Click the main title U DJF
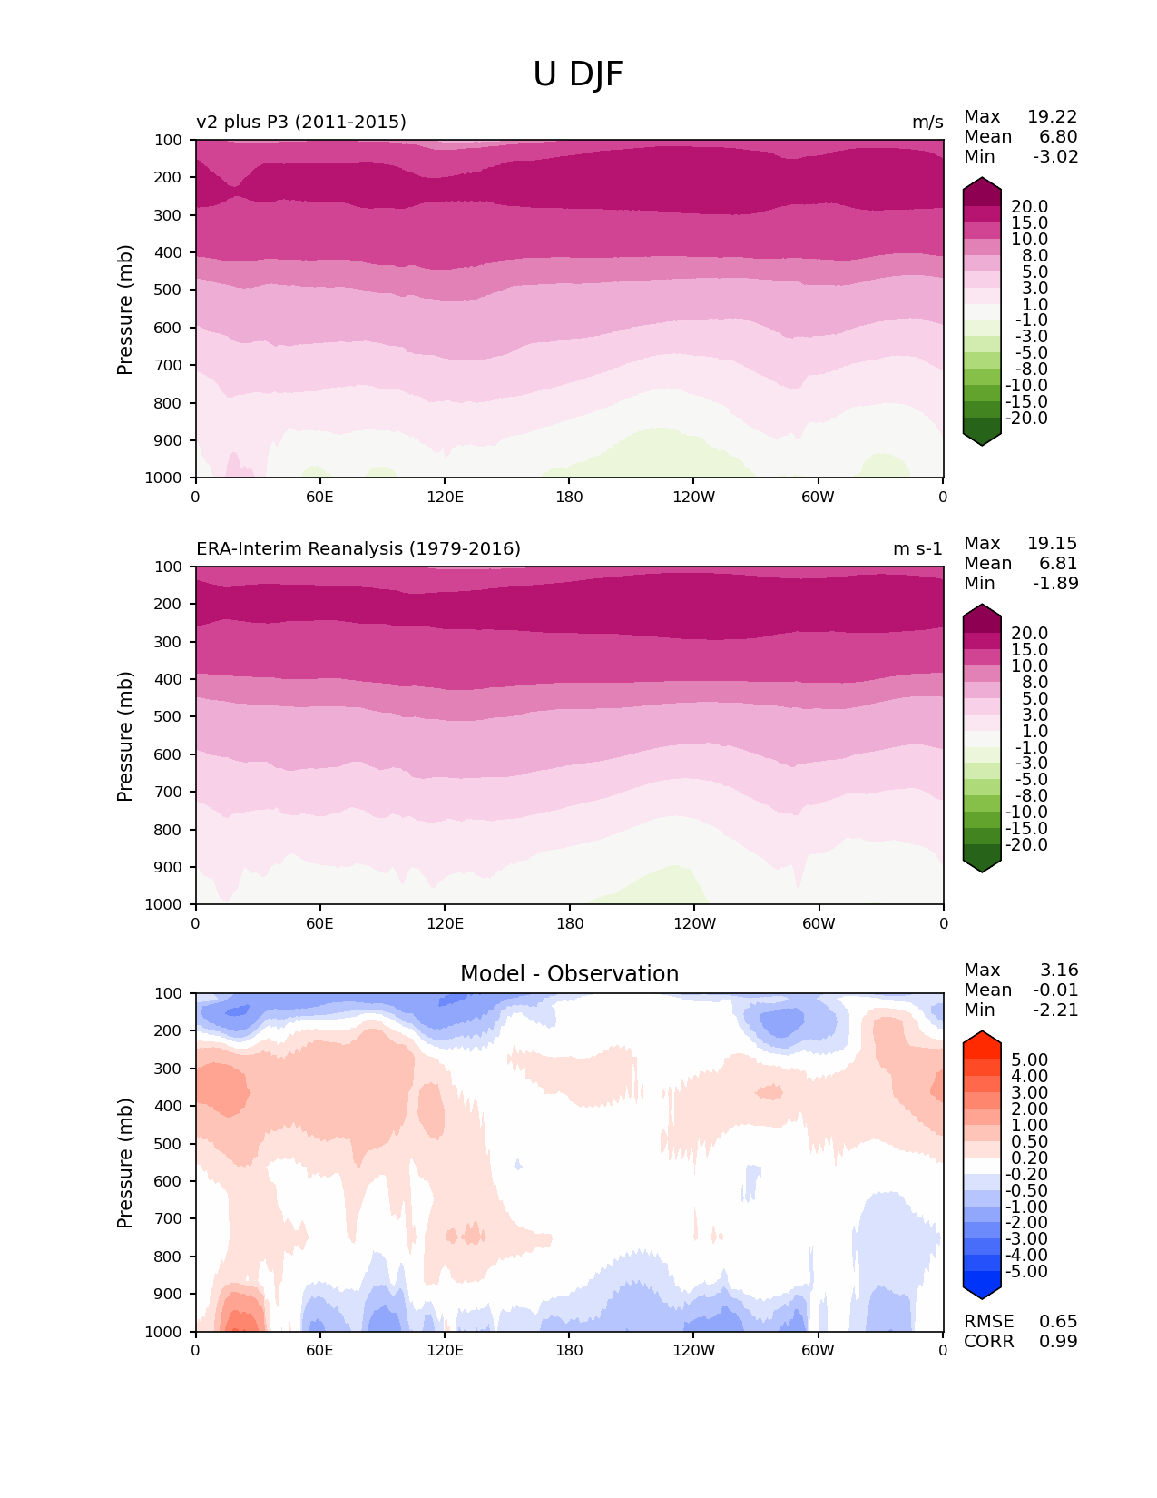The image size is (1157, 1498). (578, 74)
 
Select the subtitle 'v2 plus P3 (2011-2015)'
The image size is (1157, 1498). (301, 122)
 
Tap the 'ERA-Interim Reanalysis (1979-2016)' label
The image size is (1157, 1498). (358, 548)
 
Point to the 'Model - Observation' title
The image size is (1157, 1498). (569, 974)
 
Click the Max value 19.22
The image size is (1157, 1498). (1052, 116)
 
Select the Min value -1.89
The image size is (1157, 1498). (1055, 583)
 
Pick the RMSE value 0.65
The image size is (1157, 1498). (1058, 1321)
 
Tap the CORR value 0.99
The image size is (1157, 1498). (1058, 1341)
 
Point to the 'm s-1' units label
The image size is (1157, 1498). (917, 548)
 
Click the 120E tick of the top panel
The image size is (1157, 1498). (445, 497)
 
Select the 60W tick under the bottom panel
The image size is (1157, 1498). (818, 1350)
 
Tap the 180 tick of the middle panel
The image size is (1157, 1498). (569, 923)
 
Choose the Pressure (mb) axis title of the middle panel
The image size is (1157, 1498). (125, 735)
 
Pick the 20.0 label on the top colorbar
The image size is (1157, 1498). (1029, 207)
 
